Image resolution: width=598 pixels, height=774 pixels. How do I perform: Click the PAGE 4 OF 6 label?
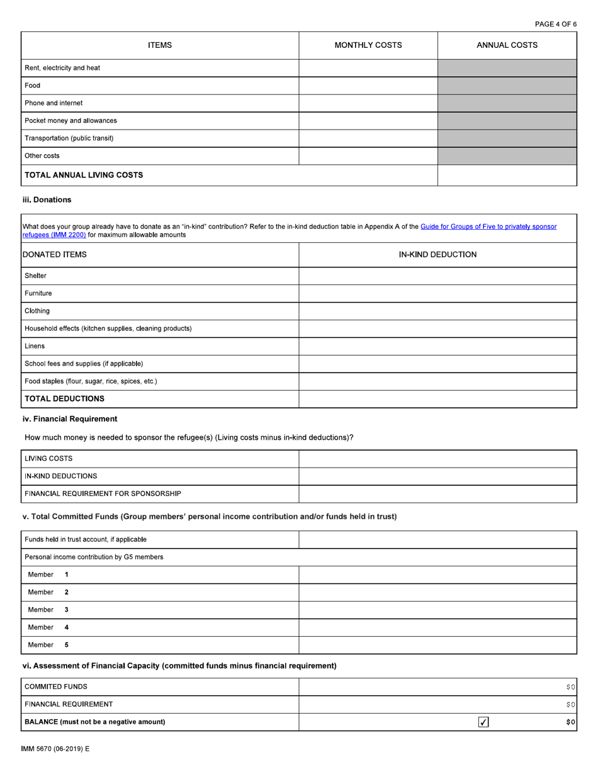click(x=555, y=24)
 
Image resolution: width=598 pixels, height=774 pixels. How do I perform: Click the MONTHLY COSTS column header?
click(x=368, y=45)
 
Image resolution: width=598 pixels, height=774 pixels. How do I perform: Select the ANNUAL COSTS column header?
click(x=507, y=45)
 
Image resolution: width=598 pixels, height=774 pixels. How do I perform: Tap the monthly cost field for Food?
click(x=368, y=86)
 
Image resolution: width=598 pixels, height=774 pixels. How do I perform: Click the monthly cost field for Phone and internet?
click(x=368, y=103)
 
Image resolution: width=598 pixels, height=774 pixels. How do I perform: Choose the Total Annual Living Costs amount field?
click(x=507, y=176)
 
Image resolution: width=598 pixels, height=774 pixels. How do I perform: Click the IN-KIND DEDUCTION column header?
click(x=437, y=255)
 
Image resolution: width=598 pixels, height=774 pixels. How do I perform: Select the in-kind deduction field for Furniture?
click(x=437, y=293)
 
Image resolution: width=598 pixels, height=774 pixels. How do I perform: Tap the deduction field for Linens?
click(x=437, y=346)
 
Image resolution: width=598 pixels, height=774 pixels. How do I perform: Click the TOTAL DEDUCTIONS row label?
click(x=64, y=399)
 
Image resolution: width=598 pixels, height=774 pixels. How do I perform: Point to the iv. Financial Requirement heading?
click(x=70, y=418)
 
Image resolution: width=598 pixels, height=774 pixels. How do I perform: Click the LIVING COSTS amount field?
click(x=437, y=459)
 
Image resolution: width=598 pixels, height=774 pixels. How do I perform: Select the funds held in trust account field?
click(x=437, y=539)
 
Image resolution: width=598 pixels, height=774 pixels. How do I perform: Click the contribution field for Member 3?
click(x=437, y=610)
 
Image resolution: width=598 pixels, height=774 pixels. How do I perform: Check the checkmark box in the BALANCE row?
click(x=484, y=722)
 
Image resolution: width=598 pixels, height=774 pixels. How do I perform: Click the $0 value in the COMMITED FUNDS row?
click(x=568, y=687)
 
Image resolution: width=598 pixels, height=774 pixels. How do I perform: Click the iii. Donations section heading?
click(x=47, y=199)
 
